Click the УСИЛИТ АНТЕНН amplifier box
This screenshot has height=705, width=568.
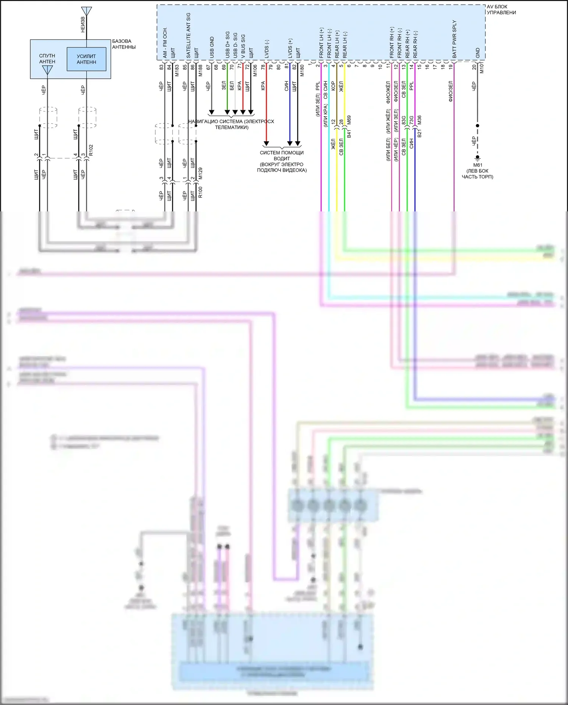point(86,59)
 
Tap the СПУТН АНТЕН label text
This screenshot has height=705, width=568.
point(47,58)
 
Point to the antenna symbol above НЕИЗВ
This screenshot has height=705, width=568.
point(86,11)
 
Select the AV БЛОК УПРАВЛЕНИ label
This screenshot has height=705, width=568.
point(501,9)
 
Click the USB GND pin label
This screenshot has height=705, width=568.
point(212,47)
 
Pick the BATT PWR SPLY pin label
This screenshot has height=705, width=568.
point(454,39)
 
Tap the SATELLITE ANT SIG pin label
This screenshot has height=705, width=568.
point(188,35)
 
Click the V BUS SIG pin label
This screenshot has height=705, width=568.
point(243,46)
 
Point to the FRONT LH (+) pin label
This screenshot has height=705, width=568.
point(321,43)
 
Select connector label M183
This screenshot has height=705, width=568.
point(177,70)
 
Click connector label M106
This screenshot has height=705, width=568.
point(255,70)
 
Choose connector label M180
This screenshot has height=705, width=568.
point(302,70)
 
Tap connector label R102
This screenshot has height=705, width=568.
point(91,150)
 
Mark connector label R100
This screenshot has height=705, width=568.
point(200,192)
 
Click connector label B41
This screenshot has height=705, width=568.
point(349,133)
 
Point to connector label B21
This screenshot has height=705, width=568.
point(419,133)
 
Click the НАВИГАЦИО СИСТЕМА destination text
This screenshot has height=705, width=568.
point(231,124)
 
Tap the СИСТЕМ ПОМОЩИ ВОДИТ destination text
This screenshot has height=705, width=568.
point(282,156)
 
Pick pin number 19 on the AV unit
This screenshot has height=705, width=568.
point(451,67)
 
